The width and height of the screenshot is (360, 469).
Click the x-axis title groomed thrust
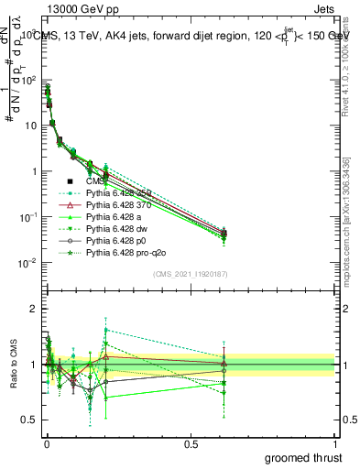click(x=304, y=456)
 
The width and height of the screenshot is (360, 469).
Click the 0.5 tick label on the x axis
click(x=191, y=442)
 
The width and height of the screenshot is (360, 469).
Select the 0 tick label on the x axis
click(x=47, y=442)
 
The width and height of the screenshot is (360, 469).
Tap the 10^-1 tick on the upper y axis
click(x=27, y=217)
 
